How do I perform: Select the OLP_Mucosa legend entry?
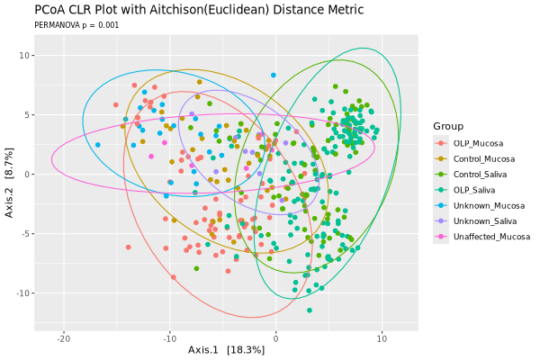pyautogui.click(x=478, y=142)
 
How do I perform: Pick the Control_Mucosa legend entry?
pyautogui.click(x=483, y=158)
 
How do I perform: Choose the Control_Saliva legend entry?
pyautogui.click(x=481, y=174)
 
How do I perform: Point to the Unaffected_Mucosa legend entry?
pyautogui.click(x=490, y=237)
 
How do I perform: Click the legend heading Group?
pyautogui.click(x=447, y=125)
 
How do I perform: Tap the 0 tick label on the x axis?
pyautogui.click(x=275, y=337)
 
